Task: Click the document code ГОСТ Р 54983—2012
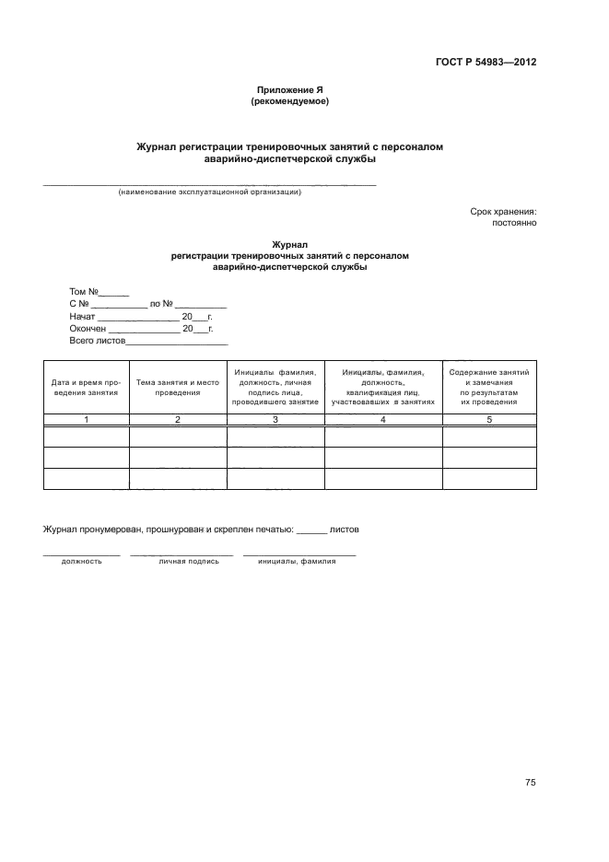pos(486,63)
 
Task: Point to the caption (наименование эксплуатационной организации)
pos(211,192)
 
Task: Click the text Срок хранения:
pos(503,211)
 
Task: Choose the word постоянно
pos(515,223)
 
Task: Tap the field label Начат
pos(83,316)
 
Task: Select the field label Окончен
pos(88,328)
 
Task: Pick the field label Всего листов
pos(96,341)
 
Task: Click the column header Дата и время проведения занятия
pos(86,387)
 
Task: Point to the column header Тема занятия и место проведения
pos(178,387)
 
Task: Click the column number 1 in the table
pos(86,419)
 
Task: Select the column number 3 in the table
pos(275,419)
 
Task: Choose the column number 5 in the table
pos(489,419)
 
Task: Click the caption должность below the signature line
pos(82,561)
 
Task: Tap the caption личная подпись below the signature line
pos(189,561)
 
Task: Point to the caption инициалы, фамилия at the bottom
pos(297,561)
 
